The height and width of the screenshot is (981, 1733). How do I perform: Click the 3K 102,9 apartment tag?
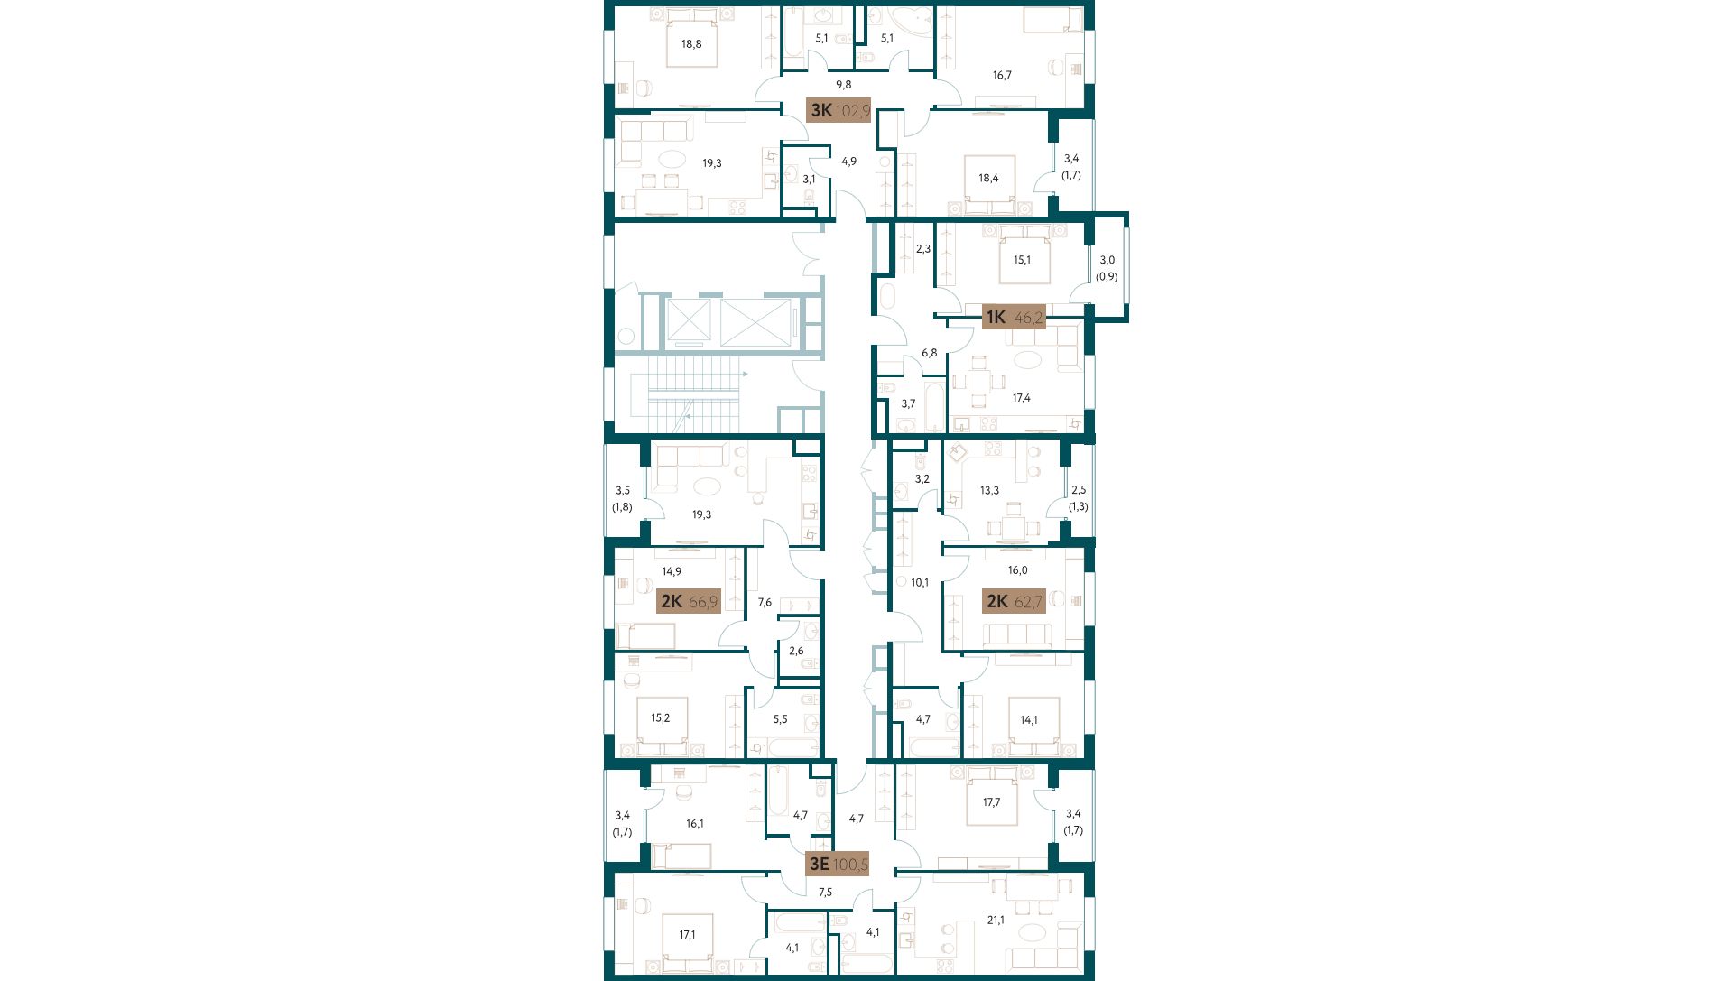839,111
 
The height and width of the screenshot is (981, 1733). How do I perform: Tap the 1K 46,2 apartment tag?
1013,317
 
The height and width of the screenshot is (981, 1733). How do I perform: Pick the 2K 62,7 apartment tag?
1015,601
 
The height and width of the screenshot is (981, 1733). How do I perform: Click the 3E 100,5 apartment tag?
838,864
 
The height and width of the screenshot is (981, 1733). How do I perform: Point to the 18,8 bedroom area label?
691,43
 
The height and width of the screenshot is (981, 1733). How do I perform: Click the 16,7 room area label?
1002,75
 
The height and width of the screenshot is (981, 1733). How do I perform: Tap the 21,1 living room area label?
996,920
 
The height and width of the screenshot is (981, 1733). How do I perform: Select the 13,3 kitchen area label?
989,491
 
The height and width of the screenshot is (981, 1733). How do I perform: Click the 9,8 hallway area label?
843,84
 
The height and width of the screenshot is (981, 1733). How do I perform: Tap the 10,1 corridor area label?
920,583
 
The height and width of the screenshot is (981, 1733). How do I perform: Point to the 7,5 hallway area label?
825,892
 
